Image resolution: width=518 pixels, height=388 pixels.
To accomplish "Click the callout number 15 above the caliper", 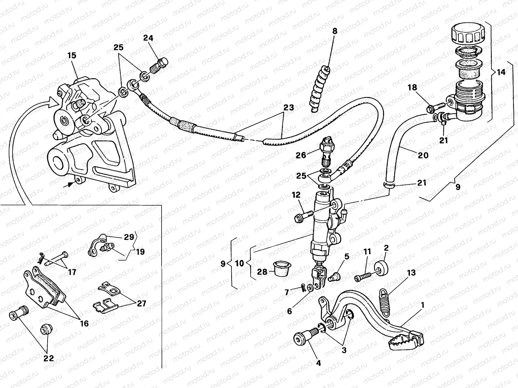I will pyautogui.click(x=72, y=56).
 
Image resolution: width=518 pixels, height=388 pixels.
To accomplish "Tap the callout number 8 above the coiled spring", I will pyautogui.click(x=334, y=31).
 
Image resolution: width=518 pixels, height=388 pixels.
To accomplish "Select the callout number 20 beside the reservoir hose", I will pyautogui.click(x=423, y=156).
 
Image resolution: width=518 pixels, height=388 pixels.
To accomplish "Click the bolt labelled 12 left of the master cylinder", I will pyautogui.click(x=303, y=216).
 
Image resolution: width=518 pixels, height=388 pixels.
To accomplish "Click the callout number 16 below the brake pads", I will pyautogui.click(x=84, y=323).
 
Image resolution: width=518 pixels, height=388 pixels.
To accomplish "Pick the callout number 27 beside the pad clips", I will pyautogui.click(x=141, y=304).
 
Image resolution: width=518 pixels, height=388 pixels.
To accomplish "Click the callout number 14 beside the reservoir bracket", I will pyautogui.click(x=501, y=72).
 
